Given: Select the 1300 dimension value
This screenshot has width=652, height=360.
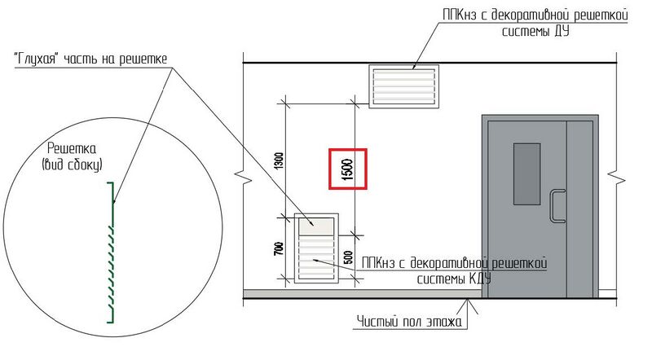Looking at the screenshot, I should click(280, 160).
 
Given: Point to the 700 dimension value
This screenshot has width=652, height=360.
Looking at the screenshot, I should click(280, 248).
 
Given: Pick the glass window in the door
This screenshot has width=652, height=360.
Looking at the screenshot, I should click(526, 173).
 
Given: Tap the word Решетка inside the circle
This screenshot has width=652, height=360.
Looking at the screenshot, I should click(72, 148).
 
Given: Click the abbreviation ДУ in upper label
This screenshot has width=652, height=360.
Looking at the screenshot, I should click(560, 32).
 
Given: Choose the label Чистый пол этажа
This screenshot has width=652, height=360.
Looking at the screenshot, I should click(410, 322).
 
